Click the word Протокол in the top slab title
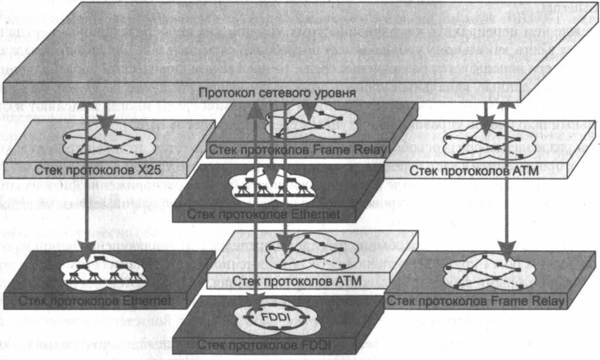pos(221,94)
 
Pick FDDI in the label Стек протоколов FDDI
pos(317,345)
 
